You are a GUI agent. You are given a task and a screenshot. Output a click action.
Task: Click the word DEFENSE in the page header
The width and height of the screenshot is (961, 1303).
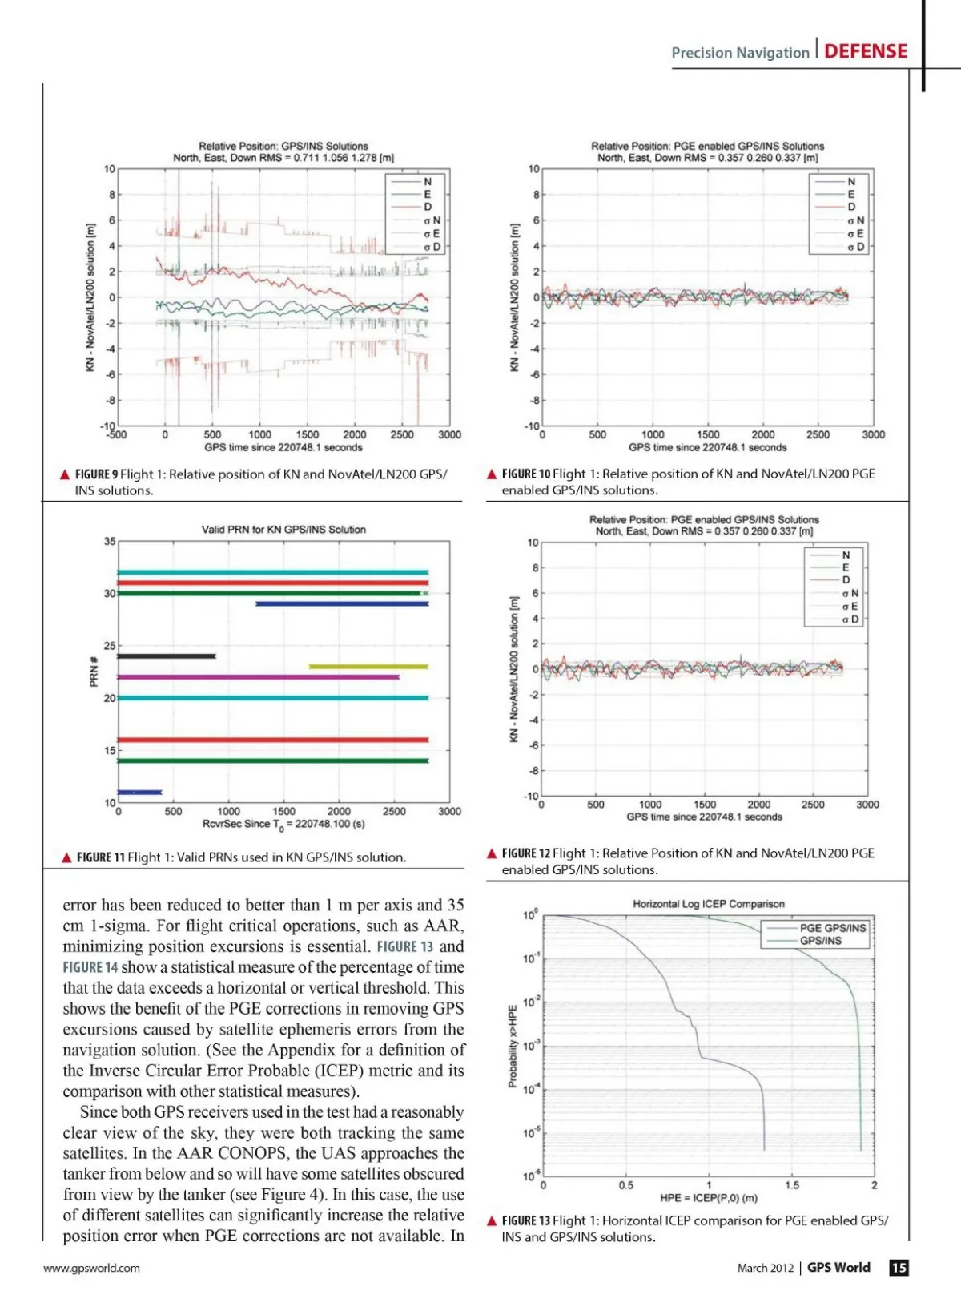866,51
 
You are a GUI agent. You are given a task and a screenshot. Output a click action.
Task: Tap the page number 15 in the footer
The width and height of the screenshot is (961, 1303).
899,1267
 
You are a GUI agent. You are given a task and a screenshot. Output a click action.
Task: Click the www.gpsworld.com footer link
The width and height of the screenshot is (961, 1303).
91,1268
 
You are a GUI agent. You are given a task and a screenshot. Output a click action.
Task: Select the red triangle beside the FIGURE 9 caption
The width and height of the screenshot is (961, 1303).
65,474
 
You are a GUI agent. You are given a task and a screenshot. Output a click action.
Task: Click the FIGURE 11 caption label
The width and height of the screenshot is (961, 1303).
101,857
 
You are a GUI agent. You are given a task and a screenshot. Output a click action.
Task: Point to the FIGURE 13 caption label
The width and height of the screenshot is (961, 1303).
525,1220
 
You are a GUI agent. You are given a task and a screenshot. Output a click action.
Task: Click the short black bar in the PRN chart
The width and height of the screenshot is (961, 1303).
167,656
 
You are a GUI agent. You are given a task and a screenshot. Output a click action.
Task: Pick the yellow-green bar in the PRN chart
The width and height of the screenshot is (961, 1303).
368,666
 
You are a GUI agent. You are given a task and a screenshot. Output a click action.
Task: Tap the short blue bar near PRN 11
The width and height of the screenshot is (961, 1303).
140,793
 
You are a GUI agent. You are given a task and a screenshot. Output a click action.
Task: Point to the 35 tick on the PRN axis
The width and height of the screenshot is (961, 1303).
110,542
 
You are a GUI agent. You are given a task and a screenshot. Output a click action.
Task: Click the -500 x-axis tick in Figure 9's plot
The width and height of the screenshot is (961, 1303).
117,435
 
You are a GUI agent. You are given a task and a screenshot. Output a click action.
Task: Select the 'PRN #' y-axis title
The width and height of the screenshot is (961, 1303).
94,672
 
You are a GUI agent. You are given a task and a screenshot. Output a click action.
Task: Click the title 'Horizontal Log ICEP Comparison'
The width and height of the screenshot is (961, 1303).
709,904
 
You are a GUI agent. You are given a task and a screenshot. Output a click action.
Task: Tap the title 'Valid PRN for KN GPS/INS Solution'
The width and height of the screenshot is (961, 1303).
283,530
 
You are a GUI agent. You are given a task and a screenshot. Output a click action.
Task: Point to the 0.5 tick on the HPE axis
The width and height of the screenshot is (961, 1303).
625,1185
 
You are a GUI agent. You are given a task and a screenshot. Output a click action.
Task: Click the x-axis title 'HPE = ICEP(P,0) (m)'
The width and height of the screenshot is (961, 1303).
708,1198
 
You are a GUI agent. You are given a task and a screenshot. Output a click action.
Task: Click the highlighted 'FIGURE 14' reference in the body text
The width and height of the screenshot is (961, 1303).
90,967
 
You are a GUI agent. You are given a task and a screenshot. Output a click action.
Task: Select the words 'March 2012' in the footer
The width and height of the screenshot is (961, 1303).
765,1268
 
